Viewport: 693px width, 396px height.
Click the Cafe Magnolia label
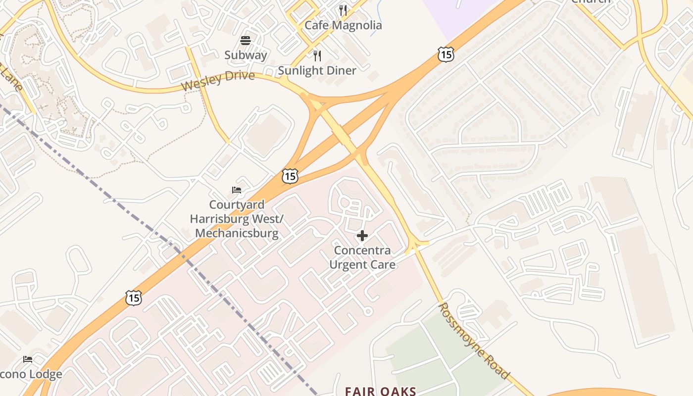343,25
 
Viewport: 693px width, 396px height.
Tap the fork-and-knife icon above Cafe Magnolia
343,10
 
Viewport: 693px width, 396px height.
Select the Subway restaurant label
246,55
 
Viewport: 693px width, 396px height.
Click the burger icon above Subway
246,40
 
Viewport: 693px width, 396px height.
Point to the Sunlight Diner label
317,71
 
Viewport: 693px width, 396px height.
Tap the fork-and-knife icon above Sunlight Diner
317,55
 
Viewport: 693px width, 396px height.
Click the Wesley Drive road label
218,81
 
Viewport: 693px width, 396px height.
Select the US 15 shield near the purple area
446,54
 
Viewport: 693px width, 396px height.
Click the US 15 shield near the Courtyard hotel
291,175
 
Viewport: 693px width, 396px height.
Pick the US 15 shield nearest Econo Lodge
134,297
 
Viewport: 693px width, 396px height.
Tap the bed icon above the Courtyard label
237,190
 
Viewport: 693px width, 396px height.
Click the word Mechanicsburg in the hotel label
237,233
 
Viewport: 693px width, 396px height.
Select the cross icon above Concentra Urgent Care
362,236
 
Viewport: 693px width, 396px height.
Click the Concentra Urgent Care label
362,257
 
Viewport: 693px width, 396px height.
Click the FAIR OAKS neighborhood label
380,391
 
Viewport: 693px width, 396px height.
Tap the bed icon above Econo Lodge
28,359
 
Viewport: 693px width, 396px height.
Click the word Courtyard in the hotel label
237,204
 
